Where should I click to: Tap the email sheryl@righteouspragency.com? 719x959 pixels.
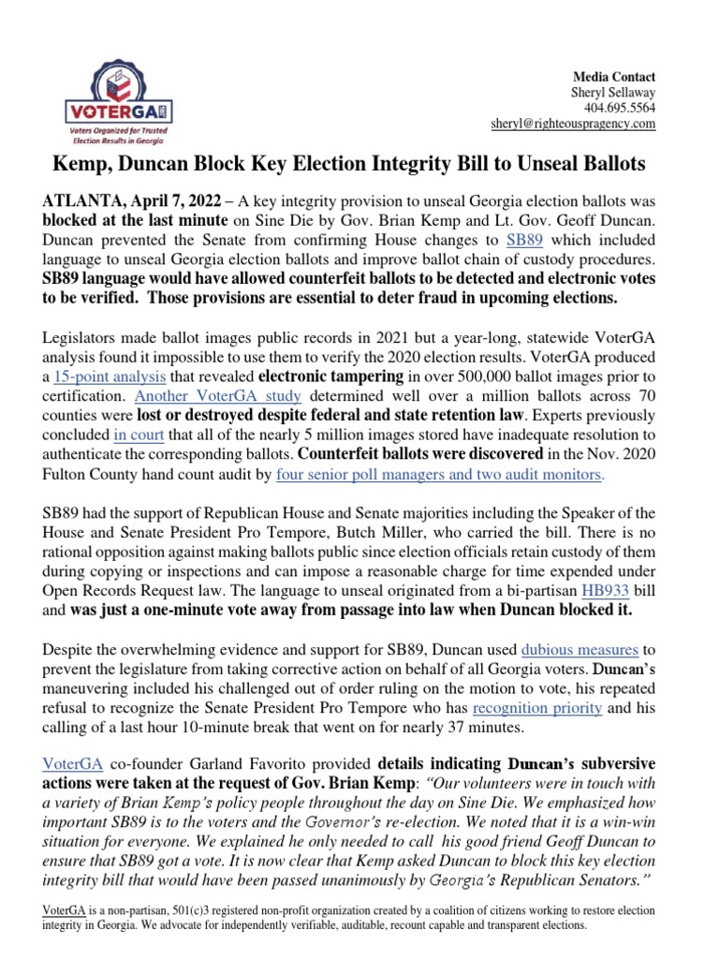573,124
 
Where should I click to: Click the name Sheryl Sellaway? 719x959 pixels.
613,93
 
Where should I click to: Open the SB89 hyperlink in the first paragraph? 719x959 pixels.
524,240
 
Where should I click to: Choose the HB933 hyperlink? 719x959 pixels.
604,592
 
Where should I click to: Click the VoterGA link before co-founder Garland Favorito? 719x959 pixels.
68,760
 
